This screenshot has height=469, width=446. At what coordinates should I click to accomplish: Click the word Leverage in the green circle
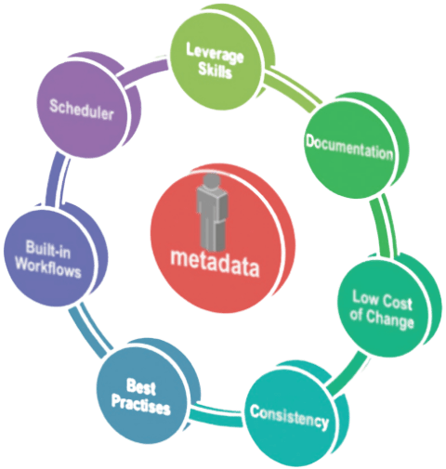click(215, 54)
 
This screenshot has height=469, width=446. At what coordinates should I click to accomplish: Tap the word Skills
click(215, 71)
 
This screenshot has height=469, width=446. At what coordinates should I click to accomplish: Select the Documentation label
click(349, 148)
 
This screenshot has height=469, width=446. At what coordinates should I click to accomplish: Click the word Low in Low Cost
click(366, 297)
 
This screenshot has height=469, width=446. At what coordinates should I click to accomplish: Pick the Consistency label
click(289, 417)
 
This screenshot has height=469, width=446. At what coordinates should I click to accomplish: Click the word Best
click(140, 386)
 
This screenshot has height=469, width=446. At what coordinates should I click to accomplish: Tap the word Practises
click(141, 404)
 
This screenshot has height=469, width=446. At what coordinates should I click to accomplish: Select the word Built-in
click(48, 249)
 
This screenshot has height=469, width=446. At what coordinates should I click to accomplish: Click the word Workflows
click(48, 267)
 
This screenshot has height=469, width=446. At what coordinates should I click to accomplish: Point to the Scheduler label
click(82, 110)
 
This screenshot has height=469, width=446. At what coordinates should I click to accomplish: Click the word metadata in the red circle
click(215, 263)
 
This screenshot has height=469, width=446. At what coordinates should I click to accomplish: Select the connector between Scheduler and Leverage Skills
click(142, 72)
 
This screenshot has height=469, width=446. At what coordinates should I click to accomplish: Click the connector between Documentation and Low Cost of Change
click(385, 226)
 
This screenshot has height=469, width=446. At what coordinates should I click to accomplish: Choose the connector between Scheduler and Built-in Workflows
click(56, 179)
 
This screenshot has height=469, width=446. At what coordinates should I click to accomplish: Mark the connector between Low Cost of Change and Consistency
click(347, 371)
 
